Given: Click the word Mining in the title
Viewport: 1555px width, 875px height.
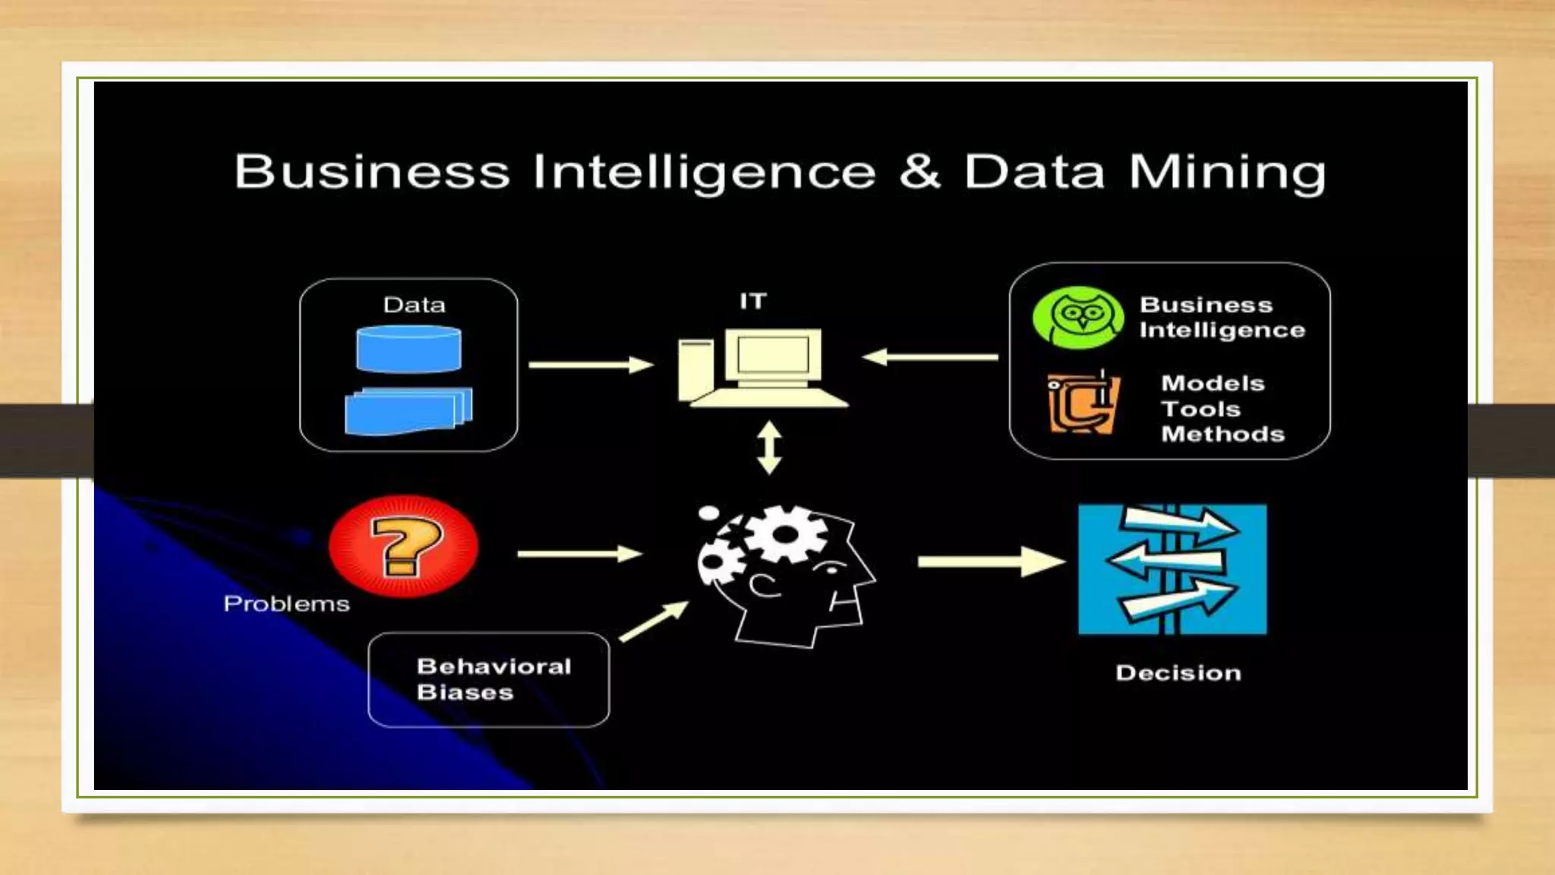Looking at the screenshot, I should coord(1227,172).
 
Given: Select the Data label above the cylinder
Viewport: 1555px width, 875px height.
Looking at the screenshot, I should coord(414,305).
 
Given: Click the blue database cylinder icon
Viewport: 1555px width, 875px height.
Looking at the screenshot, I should coord(408,349).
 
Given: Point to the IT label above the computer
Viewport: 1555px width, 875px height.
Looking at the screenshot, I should coord(753,302).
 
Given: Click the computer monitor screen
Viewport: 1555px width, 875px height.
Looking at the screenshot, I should coord(773,354).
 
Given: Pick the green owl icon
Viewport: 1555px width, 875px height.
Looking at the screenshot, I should coord(1078,317).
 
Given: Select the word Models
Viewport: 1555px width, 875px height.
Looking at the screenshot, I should coord(1213,384).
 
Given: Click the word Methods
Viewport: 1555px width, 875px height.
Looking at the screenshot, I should coord(1222,434).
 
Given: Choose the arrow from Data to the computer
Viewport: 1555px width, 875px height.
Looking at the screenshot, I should coord(591,365).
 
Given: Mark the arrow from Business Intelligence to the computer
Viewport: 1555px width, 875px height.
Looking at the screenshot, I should coord(931,356).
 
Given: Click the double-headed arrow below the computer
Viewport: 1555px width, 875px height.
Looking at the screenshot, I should coord(769,447).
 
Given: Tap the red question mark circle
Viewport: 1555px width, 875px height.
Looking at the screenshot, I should coord(403,546).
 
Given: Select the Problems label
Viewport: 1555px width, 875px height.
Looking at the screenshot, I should coord(286,604).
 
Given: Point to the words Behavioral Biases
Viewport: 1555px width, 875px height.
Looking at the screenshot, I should coord(494,679).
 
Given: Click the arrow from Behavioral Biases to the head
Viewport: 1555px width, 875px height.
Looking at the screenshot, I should coord(654,621).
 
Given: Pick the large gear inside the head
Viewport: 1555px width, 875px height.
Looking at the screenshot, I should coord(785,534).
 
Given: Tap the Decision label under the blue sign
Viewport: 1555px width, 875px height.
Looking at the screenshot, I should coord(1178,673).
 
